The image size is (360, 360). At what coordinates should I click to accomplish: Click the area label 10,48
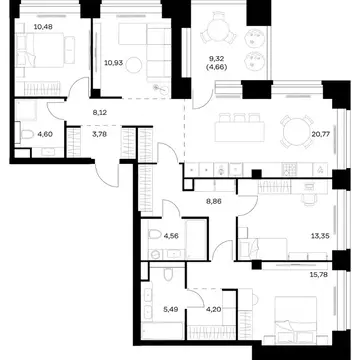click(x=43, y=26)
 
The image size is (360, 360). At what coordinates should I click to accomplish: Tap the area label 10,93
click(x=113, y=62)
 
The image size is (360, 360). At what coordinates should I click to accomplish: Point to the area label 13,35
click(x=321, y=236)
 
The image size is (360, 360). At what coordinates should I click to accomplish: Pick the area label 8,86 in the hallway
click(x=214, y=202)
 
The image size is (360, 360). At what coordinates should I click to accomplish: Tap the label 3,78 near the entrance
click(x=99, y=135)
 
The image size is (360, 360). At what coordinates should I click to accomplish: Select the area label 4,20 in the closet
click(x=212, y=309)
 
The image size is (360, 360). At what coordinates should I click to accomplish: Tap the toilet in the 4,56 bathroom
click(x=154, y=234)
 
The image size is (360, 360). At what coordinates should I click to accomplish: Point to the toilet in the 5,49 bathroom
click(x=169, y=275)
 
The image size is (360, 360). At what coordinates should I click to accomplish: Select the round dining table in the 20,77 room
click(x=297, y=131)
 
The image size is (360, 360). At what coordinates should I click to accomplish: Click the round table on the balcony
click(x=218, y=31)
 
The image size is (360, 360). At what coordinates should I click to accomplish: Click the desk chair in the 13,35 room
click(x=308, y=199)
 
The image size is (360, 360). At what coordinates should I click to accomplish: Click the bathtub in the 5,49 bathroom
click(x=162, y=331)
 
